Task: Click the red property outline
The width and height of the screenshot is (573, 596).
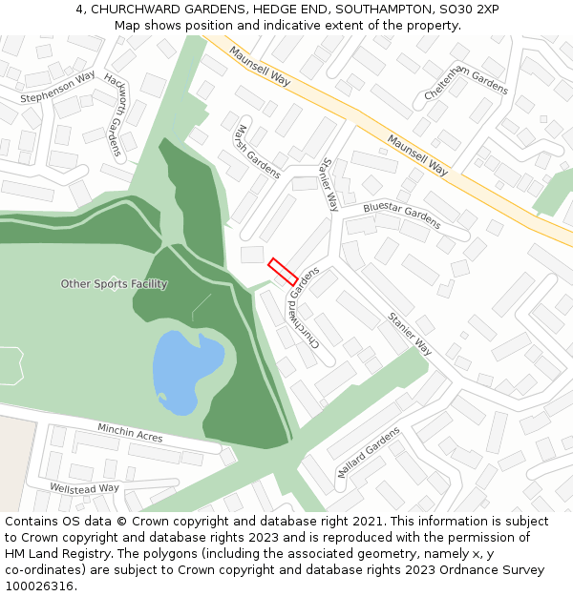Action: (x=283, y=272)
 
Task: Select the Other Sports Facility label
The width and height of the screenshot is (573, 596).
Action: (x=114, y=284)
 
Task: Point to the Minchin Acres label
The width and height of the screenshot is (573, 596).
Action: (x=130, y=433)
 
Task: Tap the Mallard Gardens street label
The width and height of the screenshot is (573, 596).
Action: (x=369, y=453)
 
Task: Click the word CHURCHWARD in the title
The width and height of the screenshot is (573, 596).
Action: (x=135, y=10)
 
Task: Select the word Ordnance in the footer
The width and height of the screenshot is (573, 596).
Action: (x=457, y=570)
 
